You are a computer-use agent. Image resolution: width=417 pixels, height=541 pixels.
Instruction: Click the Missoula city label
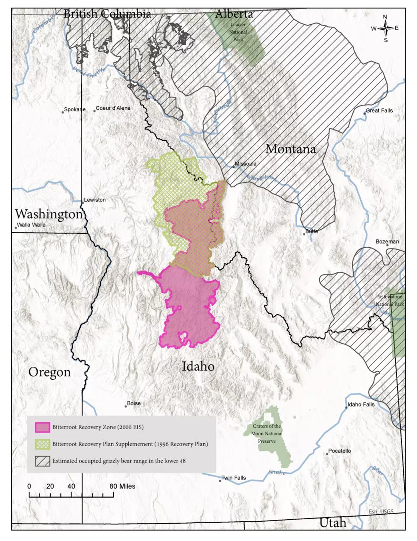click(x=245, y=164)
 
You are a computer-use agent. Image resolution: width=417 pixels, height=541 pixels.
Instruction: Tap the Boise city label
click(x=134, y=403)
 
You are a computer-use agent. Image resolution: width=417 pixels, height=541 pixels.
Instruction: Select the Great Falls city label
click(x=379, y=111)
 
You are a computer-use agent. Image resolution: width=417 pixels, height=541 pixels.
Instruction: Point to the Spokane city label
click(x=75, y=109)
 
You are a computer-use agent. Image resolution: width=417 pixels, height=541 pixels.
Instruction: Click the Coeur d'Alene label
click(x=113, y=108)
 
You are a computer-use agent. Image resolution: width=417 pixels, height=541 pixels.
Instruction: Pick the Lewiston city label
click(x=95, y=200)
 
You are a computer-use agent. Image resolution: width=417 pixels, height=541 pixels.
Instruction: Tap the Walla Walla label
click(x=31, y=225)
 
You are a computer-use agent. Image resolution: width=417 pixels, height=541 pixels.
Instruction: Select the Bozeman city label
click(x=387, y=242)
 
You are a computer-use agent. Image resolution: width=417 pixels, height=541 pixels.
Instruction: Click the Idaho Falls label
click(x=361, y=405)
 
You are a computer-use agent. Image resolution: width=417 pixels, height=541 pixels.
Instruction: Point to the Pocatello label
click(x=339, y=451)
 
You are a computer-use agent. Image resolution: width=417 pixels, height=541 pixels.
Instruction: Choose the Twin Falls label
click(x=233, y=478)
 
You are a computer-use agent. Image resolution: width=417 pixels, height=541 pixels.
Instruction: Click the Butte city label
click(x=311, y=231)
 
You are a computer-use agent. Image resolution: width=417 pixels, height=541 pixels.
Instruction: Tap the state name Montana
click(x=291, y=149)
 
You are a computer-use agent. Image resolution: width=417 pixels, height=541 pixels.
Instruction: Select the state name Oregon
click(x=49, y=372)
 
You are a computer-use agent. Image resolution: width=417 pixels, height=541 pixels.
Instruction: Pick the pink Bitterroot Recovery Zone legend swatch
click(x=42, y=427)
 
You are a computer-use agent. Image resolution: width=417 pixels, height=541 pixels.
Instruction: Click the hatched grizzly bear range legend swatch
click(x=42, y=461)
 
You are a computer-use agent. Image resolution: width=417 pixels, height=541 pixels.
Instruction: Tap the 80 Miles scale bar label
click(x=122, y=486)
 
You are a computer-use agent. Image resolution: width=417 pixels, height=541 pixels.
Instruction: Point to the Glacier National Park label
click(x=238, y=32)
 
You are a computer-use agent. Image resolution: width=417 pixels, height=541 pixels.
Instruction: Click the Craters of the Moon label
click(x=267, y=433)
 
